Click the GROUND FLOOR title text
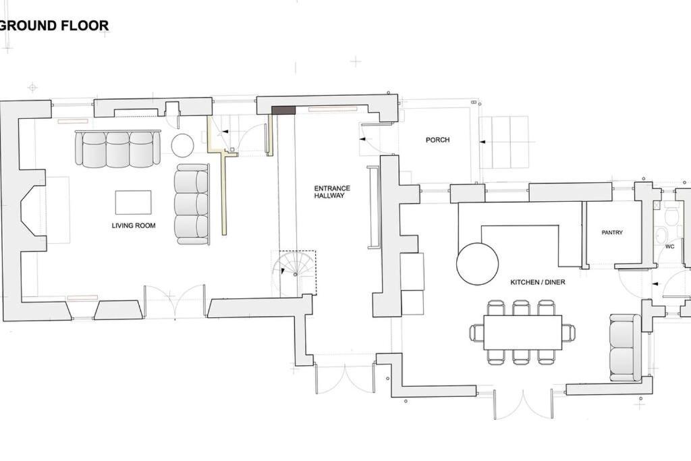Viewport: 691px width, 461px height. (54, 26)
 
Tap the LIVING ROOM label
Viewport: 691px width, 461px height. (134, 225)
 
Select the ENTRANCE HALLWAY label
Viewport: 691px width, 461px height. (332, 192)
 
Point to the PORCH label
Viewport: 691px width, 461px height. (437, 140)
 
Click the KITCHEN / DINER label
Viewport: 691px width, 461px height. (538, 282)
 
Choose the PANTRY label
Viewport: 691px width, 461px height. (612, 232)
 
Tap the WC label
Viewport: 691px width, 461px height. (670, 246)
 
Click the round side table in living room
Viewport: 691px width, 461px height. (182, 145)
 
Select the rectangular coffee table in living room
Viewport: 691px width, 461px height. (133, 202)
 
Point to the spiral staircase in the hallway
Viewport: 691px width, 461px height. (294, 273)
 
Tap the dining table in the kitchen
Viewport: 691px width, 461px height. (523, 333)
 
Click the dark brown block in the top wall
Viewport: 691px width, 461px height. (283, 110)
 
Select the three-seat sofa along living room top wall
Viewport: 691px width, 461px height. (117, 148)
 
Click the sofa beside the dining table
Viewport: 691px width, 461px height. (626, 348)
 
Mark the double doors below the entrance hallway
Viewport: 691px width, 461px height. (345, 379)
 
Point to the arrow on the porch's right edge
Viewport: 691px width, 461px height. (482, 142)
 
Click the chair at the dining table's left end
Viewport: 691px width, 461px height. (477, 332)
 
